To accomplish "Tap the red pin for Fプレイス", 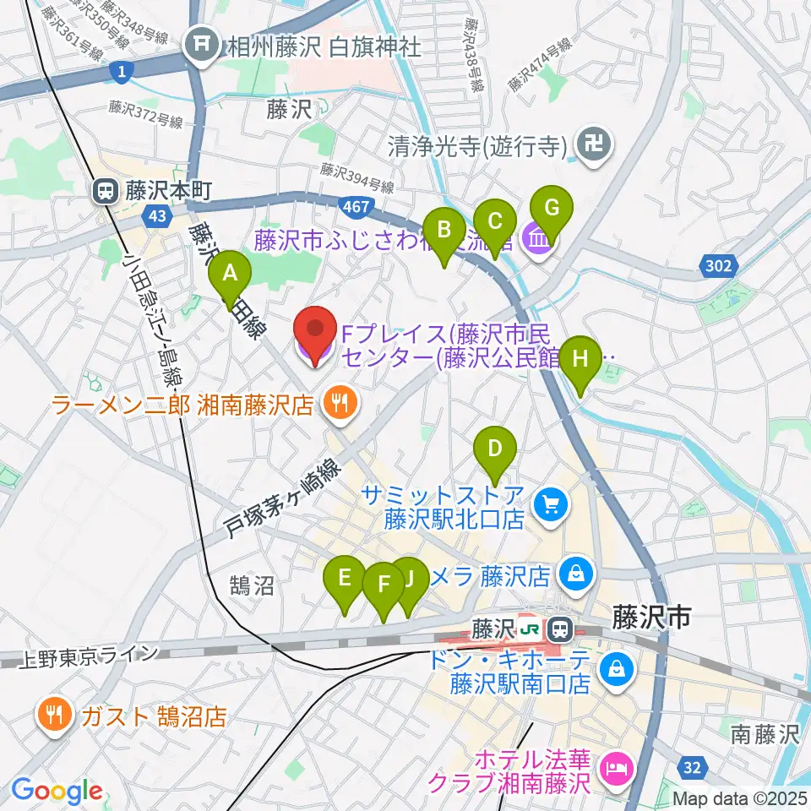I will [313, 335].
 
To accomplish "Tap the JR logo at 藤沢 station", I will [531, 629].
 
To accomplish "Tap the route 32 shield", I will [692, 767].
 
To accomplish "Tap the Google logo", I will [57, 791].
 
